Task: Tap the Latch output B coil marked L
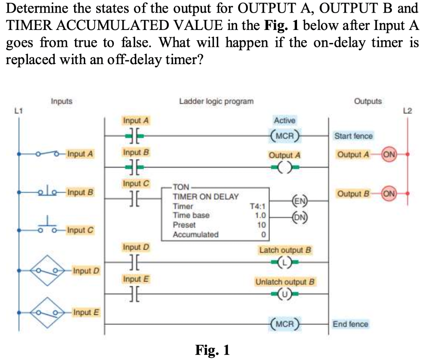[x=285, y=262]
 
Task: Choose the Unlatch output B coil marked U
[x=285, y=294]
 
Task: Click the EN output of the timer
[x=300, y=201]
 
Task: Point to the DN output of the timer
[x=300, y=218]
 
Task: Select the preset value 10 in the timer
[x=261, y=225]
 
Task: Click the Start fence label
[x=353, y=136]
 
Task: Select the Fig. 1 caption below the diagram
[x=212, y=350]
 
